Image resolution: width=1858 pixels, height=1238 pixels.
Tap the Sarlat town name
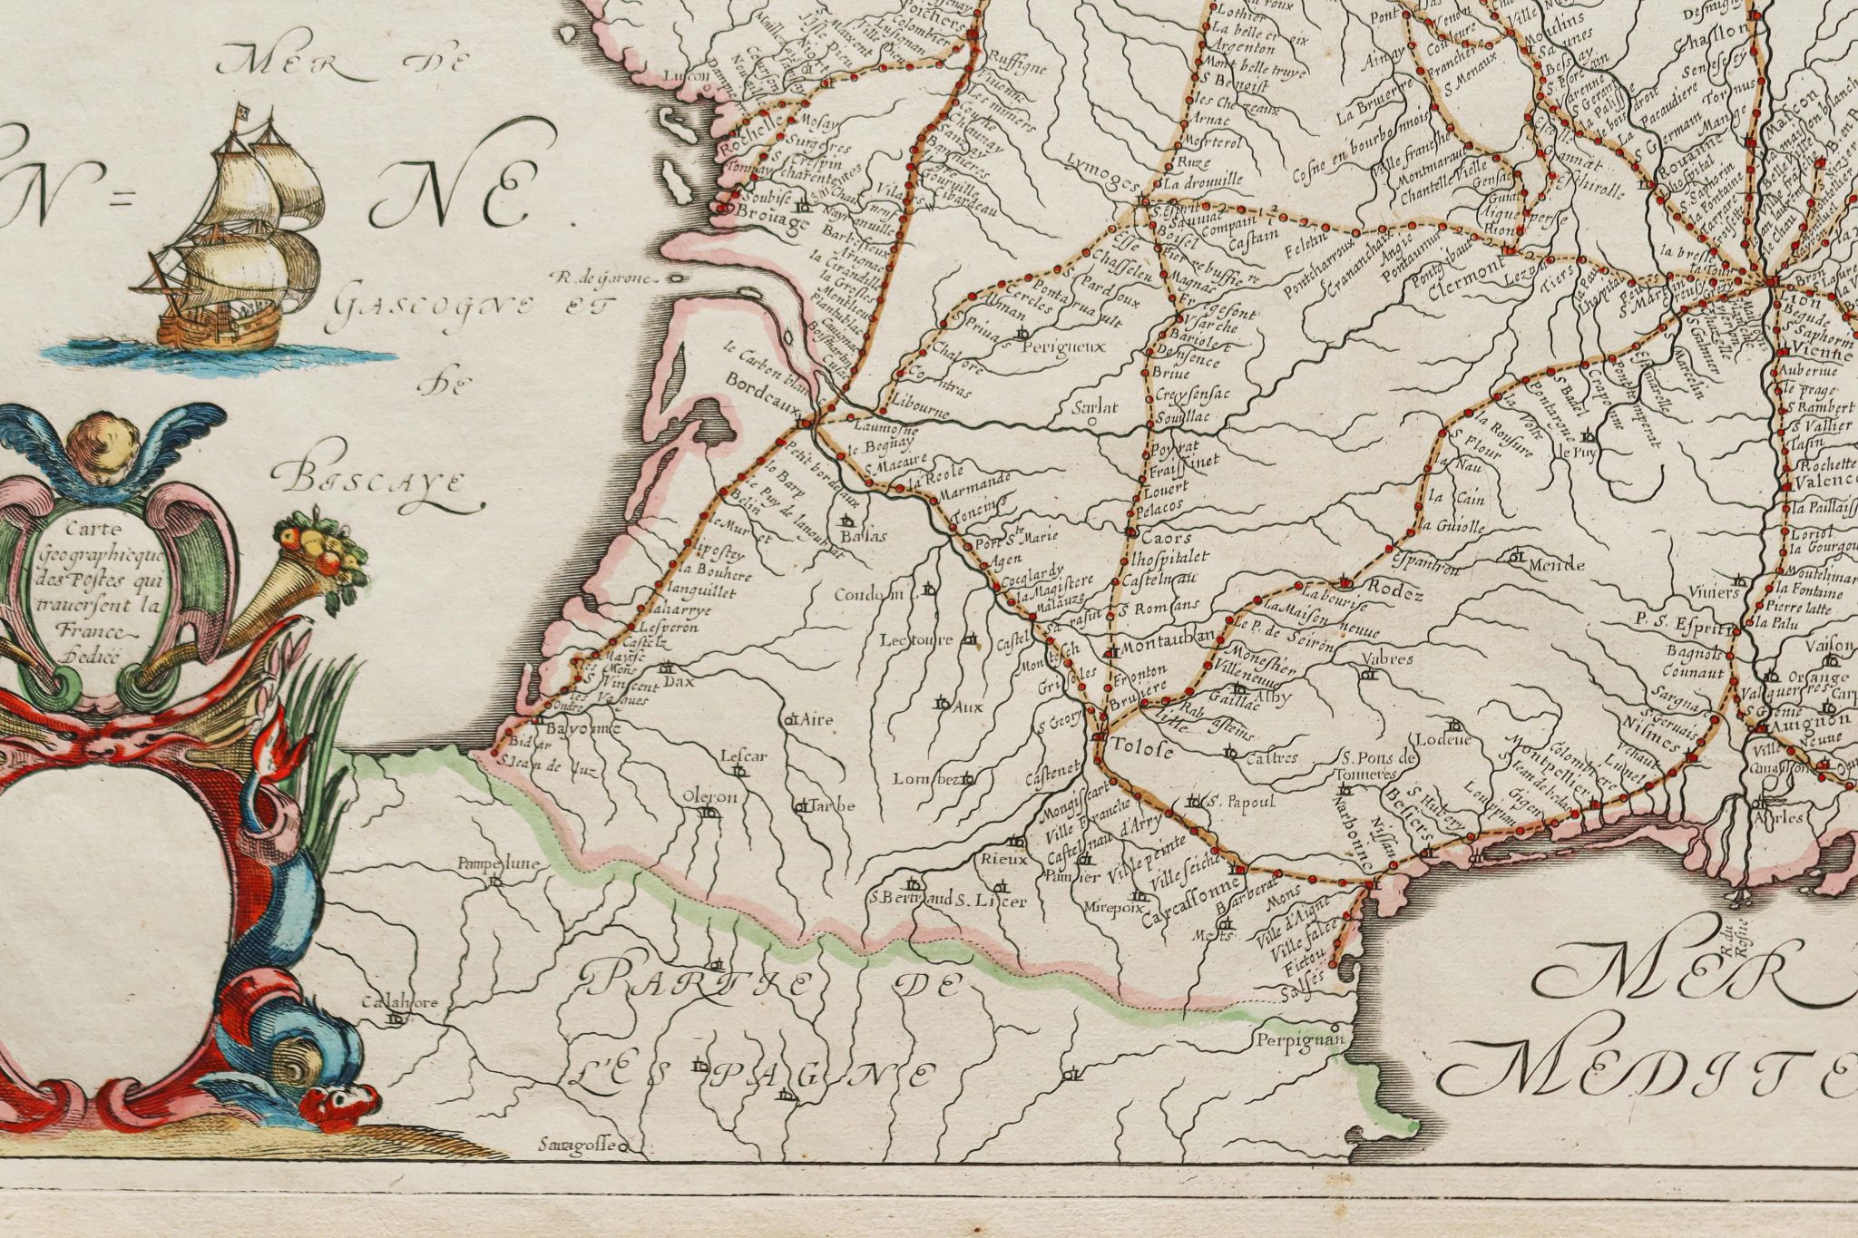point(1094,406)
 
